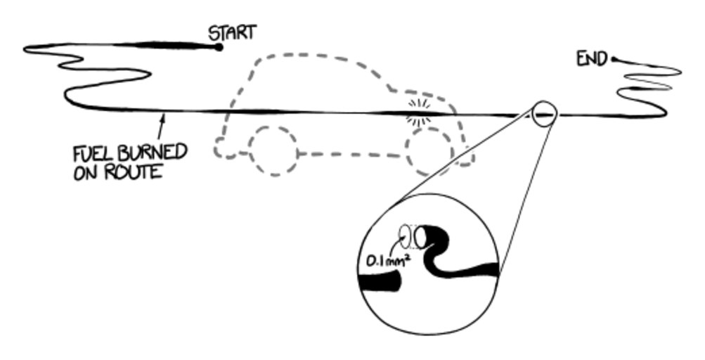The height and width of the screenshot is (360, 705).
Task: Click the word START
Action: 232,32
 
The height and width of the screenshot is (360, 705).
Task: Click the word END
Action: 591,60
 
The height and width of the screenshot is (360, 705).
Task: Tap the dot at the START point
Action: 219,47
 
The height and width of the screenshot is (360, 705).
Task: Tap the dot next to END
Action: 614,60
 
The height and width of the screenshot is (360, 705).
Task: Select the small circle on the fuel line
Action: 544,113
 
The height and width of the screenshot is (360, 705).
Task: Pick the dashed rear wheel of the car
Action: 273,150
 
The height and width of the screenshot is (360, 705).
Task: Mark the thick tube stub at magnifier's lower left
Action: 380,283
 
